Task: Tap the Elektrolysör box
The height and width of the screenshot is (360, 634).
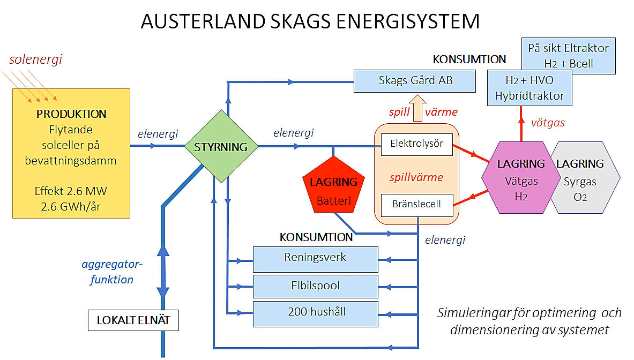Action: pyautogui.click(x=417, y=144)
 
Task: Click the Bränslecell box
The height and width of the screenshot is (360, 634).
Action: pyautogui.click(x=417, y=205)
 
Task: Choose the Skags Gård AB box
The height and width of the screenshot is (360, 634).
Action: pyautogui.click(x=415, y=81)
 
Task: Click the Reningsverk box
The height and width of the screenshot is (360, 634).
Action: pyautogui.click(x=315, y=259)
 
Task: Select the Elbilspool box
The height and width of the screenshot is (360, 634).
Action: pyautogui.click(x=315, y=286)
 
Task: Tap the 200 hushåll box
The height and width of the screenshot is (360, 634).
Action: pyautogui.click(x=315, y=313)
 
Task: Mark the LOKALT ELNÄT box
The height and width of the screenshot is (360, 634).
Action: pyautogui.click(x=133, y=320)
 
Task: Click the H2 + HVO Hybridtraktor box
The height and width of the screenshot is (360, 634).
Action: pyautogui.click(x=529, y=88)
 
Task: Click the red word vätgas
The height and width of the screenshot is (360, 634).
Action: pyautogui.click(x=547, y=123)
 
